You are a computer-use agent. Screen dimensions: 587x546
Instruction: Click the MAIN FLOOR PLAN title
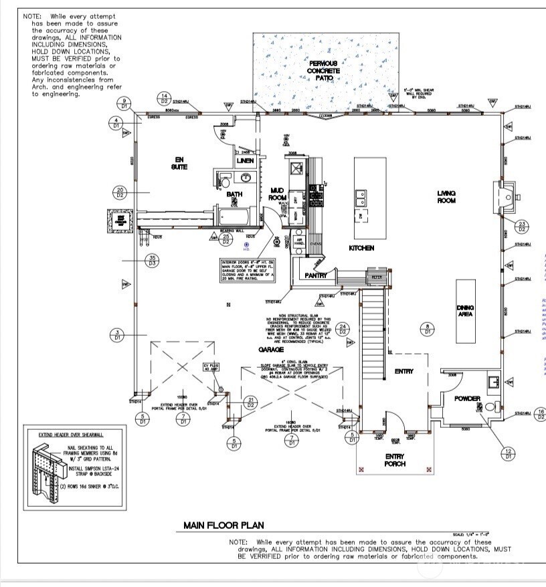(x=223, y=525)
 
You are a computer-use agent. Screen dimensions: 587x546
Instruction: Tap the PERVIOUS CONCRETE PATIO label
(x=323, y=70)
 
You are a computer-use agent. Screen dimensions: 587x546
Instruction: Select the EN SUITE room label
(x=178, y=162)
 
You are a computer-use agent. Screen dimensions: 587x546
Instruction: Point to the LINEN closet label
(x=245, y=160)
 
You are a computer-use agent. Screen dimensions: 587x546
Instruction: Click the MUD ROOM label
(x=277, y=195)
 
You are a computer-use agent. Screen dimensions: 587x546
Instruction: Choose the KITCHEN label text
(x=361, y=248)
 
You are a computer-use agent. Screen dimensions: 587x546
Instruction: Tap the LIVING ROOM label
(x=446, y=197)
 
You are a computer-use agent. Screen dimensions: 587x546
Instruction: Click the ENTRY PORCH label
(x=395, y=460)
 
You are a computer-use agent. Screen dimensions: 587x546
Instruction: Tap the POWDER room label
(x=468, y=398)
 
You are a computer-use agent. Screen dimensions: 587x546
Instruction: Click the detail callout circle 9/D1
(x=124, y=104)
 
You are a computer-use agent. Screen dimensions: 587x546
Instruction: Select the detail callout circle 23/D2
(x=522, y=225)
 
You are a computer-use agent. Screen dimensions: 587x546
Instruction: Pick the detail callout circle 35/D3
(x=153, y=261)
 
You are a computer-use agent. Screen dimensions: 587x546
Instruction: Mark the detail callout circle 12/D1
(x=509, y=453)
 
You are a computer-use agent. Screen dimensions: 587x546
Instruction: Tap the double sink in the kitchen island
(x=361, y=198)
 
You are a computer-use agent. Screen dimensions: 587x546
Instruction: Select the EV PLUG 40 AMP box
(x=211, y=368)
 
